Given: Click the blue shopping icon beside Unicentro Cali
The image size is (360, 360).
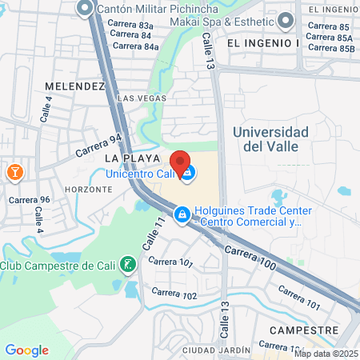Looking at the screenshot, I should [x=186, y=173].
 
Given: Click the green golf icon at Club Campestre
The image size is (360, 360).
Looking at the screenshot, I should [x=126, y=264].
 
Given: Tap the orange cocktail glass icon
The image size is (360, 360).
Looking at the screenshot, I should [x=14, y=171].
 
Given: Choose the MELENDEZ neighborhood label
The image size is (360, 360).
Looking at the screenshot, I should [x=75, y=86].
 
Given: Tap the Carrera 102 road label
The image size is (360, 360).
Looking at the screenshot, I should [x=174, y=295].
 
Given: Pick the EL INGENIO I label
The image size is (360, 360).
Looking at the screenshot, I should [x=262, y=42].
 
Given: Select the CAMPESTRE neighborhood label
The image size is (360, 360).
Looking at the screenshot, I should [x=301, y=330].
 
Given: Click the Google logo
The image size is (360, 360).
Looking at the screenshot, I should [x=26, y=350].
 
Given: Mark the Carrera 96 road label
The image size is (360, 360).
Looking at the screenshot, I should [x=29, y=199].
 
